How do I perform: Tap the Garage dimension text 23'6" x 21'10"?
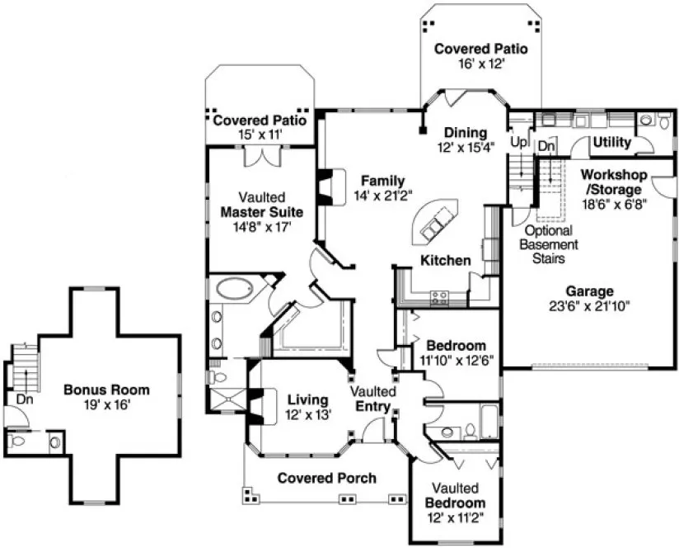coord(589,306)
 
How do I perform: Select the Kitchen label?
coord(446,261)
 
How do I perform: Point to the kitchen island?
coord(436,223)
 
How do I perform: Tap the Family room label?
coord(382,181)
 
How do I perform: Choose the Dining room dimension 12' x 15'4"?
coord(466,148)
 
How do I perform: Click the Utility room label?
coord(612,142)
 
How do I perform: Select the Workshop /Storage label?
coord(612,182)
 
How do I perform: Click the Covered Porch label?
coord(326,478)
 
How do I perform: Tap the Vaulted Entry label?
coord(373,398)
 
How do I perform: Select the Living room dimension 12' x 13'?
coord(308,415)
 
